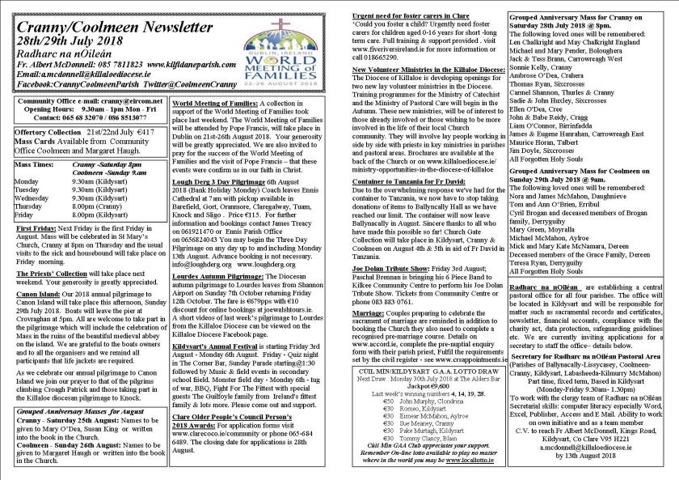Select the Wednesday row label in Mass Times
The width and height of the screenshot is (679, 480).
pos(32,197)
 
